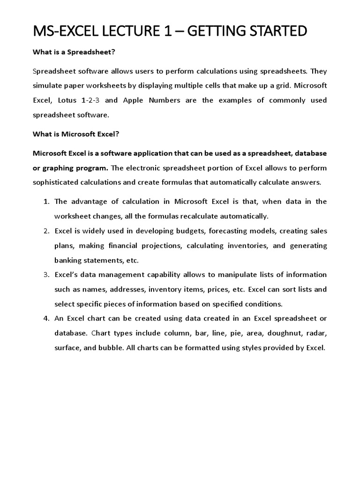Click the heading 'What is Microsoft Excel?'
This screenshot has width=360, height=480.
tap(76, 134)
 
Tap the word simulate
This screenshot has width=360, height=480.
tap(48, 86)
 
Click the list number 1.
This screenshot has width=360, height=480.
tap(46, 202)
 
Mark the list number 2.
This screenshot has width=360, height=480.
tap(46, 231)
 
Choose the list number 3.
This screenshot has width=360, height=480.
tap(46, 275)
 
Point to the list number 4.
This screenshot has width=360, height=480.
tap(46, 319)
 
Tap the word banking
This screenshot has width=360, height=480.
tap(68, 260)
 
